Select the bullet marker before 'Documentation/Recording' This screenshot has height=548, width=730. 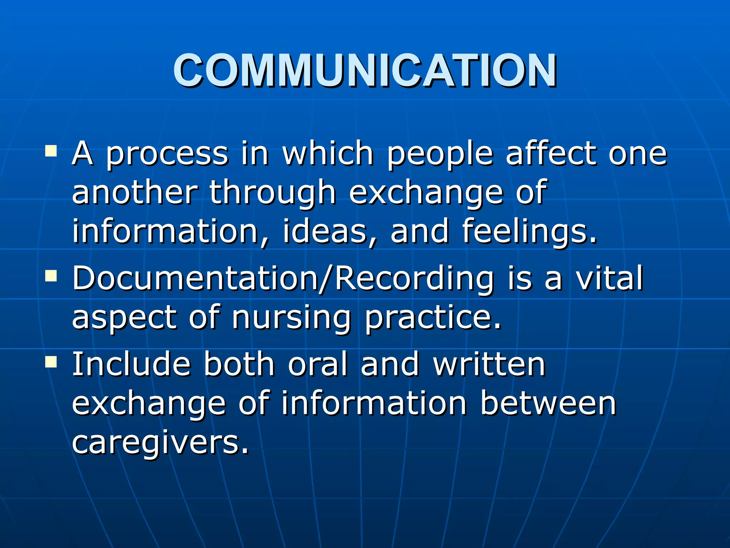(51, 276)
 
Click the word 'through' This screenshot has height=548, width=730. (272, 193)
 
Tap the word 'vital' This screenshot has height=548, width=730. (610, 278)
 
